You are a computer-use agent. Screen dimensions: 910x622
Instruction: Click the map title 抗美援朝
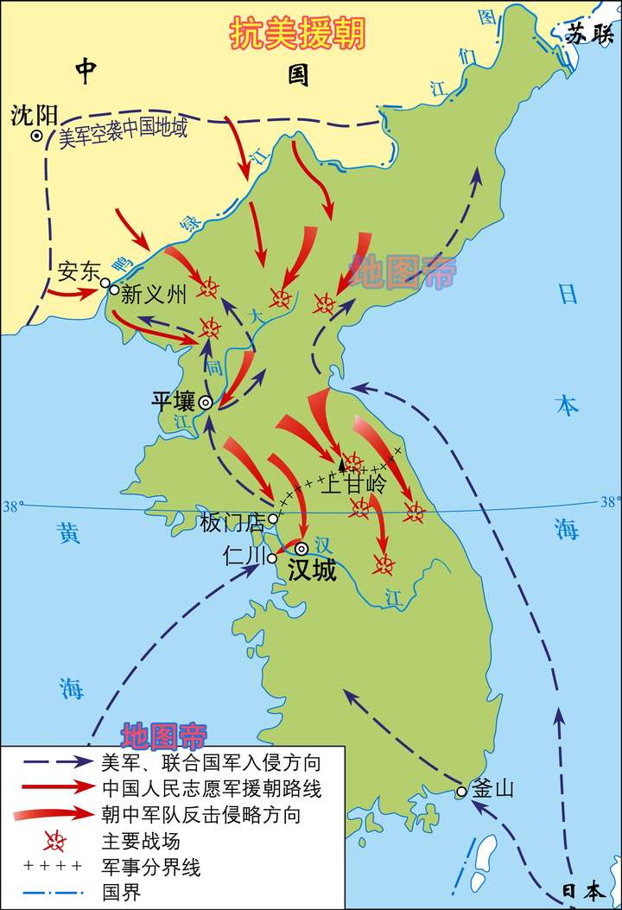[x=297, y=34]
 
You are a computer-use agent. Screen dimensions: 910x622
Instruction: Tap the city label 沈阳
[x=34, y=115]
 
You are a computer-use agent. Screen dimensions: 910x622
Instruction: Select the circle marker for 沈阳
[x=36, y=136]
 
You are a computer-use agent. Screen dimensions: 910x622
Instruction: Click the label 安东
[x=79, y=271]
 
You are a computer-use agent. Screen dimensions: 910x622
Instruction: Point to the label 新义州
[x=153, y=294]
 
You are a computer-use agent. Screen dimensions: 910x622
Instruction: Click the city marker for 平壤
[x=206, y=402]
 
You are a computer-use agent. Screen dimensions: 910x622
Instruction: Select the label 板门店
[x=232, y=523]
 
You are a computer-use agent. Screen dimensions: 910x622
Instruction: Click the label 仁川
[x=243, y=555]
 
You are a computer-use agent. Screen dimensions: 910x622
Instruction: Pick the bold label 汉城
[x=312, y=570]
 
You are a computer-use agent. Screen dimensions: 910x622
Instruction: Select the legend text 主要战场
[x=136, y=840]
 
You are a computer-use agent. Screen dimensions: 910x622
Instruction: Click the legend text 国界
[x=120, y=891]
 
